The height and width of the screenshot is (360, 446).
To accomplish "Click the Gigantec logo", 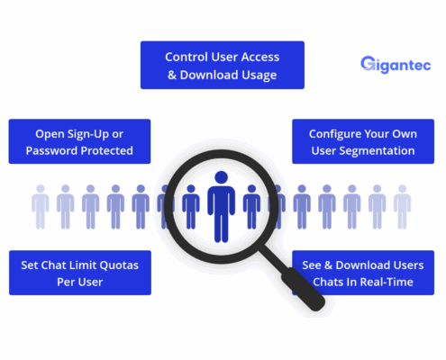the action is (x=396, y=65).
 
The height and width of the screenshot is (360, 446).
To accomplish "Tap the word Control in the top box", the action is (x=187, y=57).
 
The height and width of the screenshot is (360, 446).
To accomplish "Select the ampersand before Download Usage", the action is (x=172, y=75).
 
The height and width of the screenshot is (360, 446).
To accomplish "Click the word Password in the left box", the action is (x=51, y=150).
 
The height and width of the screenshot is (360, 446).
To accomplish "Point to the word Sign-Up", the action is (x=88, y=134).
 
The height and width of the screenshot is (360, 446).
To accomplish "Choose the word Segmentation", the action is (x=377, y=151).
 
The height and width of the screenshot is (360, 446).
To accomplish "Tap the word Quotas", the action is (x=119, y=265).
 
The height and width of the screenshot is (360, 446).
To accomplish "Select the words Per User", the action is (x=80, y=282).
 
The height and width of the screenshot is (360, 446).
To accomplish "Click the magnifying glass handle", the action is (x=303, y=289).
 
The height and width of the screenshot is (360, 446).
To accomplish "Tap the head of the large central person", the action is (x=222, y=177).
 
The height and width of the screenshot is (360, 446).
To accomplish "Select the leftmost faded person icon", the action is (x=41, y=207).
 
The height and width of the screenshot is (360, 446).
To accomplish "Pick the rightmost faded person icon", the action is (x=402, y=207).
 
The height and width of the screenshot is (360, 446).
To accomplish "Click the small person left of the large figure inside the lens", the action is (x=191, y=207).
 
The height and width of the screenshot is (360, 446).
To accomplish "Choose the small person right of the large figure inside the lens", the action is (x=251, y=207).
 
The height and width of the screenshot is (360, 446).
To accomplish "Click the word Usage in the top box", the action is (x=259, y=76).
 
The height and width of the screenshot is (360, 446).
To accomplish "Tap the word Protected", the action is (x=106, y=150).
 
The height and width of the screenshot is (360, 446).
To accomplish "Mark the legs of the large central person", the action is (x=222, y=227).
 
